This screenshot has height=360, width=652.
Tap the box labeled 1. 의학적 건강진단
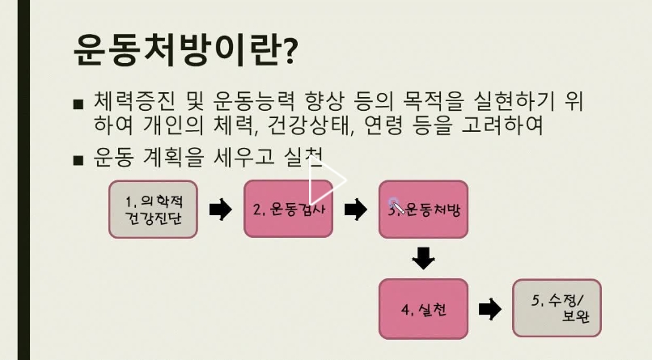(x=154, y=209)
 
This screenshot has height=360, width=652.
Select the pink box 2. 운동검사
(x=288, y=209)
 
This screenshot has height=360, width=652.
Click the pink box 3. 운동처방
(x=423, y=209)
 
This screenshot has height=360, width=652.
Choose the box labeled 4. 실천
(x=423, y=309)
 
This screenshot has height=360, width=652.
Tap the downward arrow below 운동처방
(x=423, y=259)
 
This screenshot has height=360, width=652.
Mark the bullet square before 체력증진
(x=78, y=105)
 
